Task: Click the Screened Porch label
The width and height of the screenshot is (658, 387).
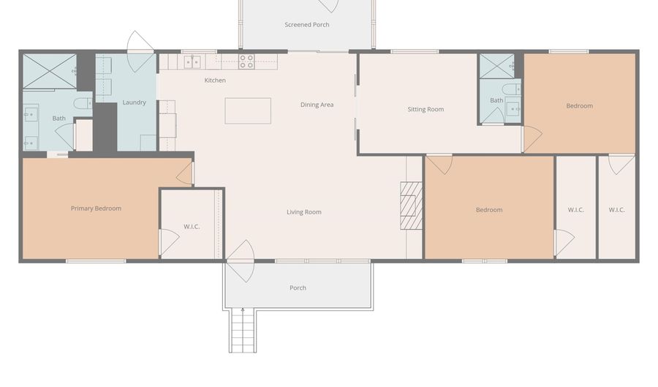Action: [307, 25]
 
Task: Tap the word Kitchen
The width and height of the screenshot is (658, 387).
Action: [215, 80]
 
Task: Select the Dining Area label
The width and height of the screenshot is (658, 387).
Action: [317, 105]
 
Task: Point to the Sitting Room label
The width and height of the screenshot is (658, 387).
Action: [426, 109]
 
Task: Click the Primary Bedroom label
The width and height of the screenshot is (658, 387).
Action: [96, 208]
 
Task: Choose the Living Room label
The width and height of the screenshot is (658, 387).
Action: [304, 212]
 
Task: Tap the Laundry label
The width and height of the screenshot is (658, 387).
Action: [135, 102]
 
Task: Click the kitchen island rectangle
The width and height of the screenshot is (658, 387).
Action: [248, 110]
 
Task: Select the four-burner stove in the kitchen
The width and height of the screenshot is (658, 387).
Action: [247, 61]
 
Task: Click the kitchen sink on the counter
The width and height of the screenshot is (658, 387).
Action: [192, 61]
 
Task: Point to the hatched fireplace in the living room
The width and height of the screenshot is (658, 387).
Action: [411, 206]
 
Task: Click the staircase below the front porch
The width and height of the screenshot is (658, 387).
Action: [243, 331]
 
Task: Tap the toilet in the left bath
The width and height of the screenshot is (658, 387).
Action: [83, 103]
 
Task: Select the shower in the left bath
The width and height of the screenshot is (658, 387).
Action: [50, 70]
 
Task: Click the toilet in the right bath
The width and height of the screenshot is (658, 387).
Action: [512, 89]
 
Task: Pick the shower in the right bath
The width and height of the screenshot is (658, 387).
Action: [497, 66]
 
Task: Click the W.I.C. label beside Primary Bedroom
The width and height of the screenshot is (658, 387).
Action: [192, 227]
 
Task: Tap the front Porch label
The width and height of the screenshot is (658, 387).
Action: [298, 288]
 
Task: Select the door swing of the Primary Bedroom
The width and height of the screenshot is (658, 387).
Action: [184, 173]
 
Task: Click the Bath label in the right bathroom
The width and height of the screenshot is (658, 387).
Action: [496, 100]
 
